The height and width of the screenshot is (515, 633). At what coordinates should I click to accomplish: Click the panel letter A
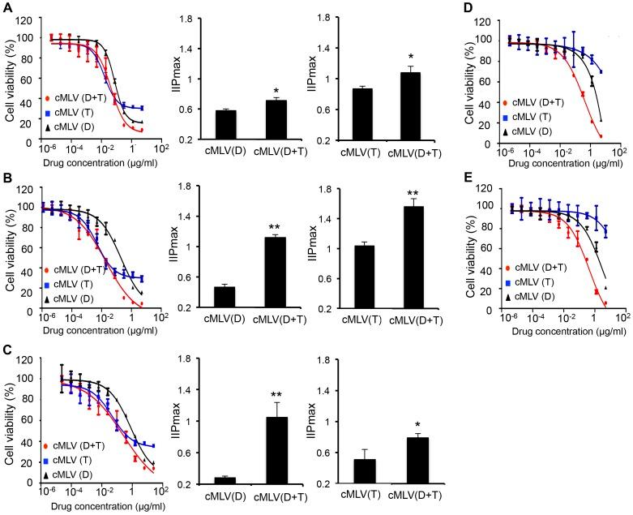(x=7, y=7)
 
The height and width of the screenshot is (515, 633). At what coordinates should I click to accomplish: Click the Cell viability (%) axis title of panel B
(x=10, y=257)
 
